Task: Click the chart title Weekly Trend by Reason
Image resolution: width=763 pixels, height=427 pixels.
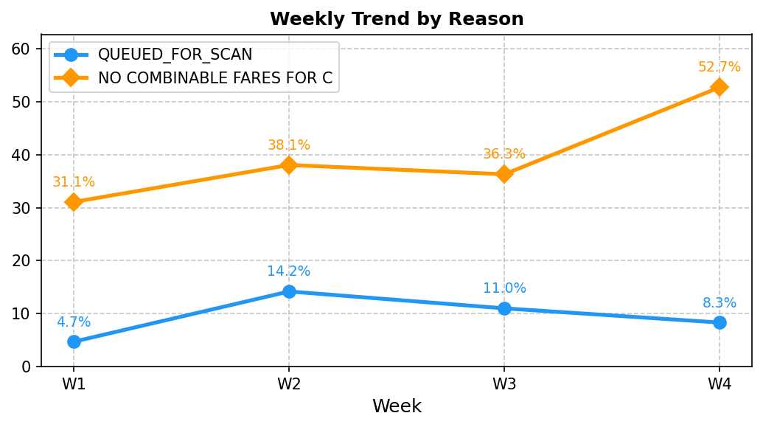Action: (397, 19)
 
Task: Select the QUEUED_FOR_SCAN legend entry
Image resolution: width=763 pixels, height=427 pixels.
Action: (175, 55)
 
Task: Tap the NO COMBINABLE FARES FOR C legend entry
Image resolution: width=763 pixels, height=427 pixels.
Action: (215, 77)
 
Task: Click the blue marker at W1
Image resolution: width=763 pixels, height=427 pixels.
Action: (74, 341)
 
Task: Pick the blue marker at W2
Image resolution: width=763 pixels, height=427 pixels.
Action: (289, 291)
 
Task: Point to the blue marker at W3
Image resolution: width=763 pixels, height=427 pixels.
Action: (504, 308)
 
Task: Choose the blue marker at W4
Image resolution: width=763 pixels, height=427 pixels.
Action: (720, 322)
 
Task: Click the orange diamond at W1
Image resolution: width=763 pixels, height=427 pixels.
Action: (74, 201)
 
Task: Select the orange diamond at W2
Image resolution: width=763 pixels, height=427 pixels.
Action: (289, 164)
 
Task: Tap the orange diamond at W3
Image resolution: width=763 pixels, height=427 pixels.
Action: (504, 174)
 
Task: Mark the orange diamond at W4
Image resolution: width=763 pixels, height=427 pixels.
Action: (720, 87)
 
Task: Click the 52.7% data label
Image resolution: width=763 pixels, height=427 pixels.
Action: (720, 67)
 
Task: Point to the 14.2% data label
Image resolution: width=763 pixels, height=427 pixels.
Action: (289, 271)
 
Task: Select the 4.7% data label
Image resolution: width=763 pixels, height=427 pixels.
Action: (74, 322)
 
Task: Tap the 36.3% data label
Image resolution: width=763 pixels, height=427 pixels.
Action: (504, 154)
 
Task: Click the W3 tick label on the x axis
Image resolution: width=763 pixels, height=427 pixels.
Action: (504, 384)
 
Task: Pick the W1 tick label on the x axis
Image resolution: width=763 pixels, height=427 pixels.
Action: (74, 384)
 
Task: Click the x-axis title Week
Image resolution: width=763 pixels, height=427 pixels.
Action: (397, 406)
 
